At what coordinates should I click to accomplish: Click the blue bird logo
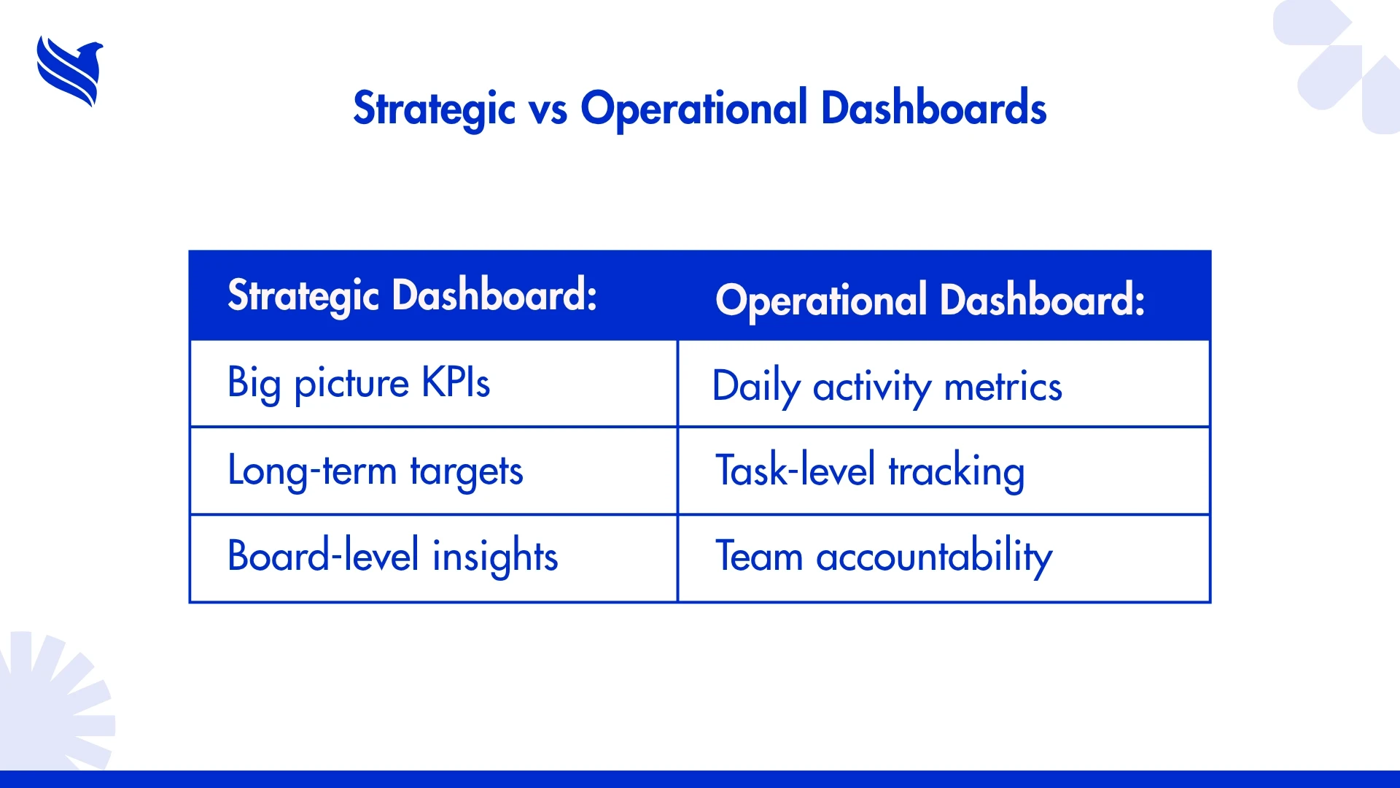[x=70, y=72]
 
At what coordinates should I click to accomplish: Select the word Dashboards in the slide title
[x=934, y=108]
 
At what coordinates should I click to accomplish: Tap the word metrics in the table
[x=1003, y=387]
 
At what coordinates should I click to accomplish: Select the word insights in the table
[x=495, y=556]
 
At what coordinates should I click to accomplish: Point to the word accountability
[x=934, y=557]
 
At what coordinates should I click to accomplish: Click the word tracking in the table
[x=957, y=471]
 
